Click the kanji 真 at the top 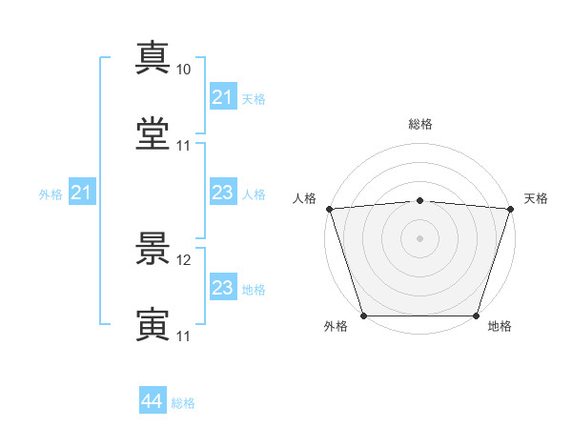pos(153,57)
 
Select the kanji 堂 pos(153,133)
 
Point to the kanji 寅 pos(153,324)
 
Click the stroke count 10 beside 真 pos(183,70)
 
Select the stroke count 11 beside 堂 pos(183,146)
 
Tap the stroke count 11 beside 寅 pos(183,336)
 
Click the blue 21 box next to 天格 pos(222,97)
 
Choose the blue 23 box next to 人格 pos(222,193)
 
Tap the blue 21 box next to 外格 pos(82,193)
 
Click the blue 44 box pos(152,401)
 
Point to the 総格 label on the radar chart pos(420,124)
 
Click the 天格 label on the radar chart pos(536,198)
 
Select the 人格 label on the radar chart pos(304,198)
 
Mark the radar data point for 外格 pos(363,316)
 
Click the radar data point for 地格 pos(477,316)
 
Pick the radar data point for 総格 pos(420,200)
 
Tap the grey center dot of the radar pos(420,237)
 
